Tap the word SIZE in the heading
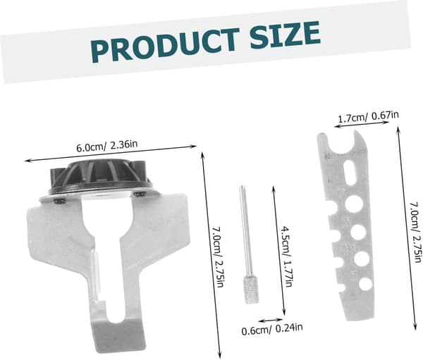point(286,35)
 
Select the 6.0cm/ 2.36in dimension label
point(107,146)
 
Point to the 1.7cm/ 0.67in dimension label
point(368,117)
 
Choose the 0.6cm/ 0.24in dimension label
point(272,329)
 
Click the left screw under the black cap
point(60,200)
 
